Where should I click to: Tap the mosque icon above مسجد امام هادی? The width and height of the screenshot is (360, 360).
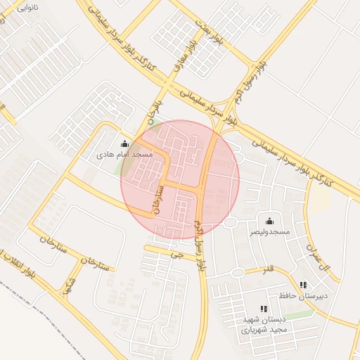click(124, 143)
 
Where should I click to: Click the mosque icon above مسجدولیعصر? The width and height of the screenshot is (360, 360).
click(269, 221)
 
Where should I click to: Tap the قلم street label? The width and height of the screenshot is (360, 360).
click(268, 270)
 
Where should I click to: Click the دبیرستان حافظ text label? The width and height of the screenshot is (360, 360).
click(303, 295)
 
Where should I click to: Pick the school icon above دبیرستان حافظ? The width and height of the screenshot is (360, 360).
click(303, 285)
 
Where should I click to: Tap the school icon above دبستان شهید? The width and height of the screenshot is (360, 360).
click(264, 309)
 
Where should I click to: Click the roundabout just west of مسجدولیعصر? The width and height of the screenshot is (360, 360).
click(230, 223)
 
